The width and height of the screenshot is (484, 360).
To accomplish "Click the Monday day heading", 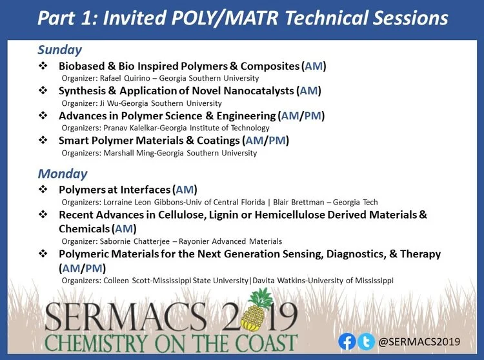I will click(x=63, y=174).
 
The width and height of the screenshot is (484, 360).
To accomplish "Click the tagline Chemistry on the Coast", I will click(x=171, y=342).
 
